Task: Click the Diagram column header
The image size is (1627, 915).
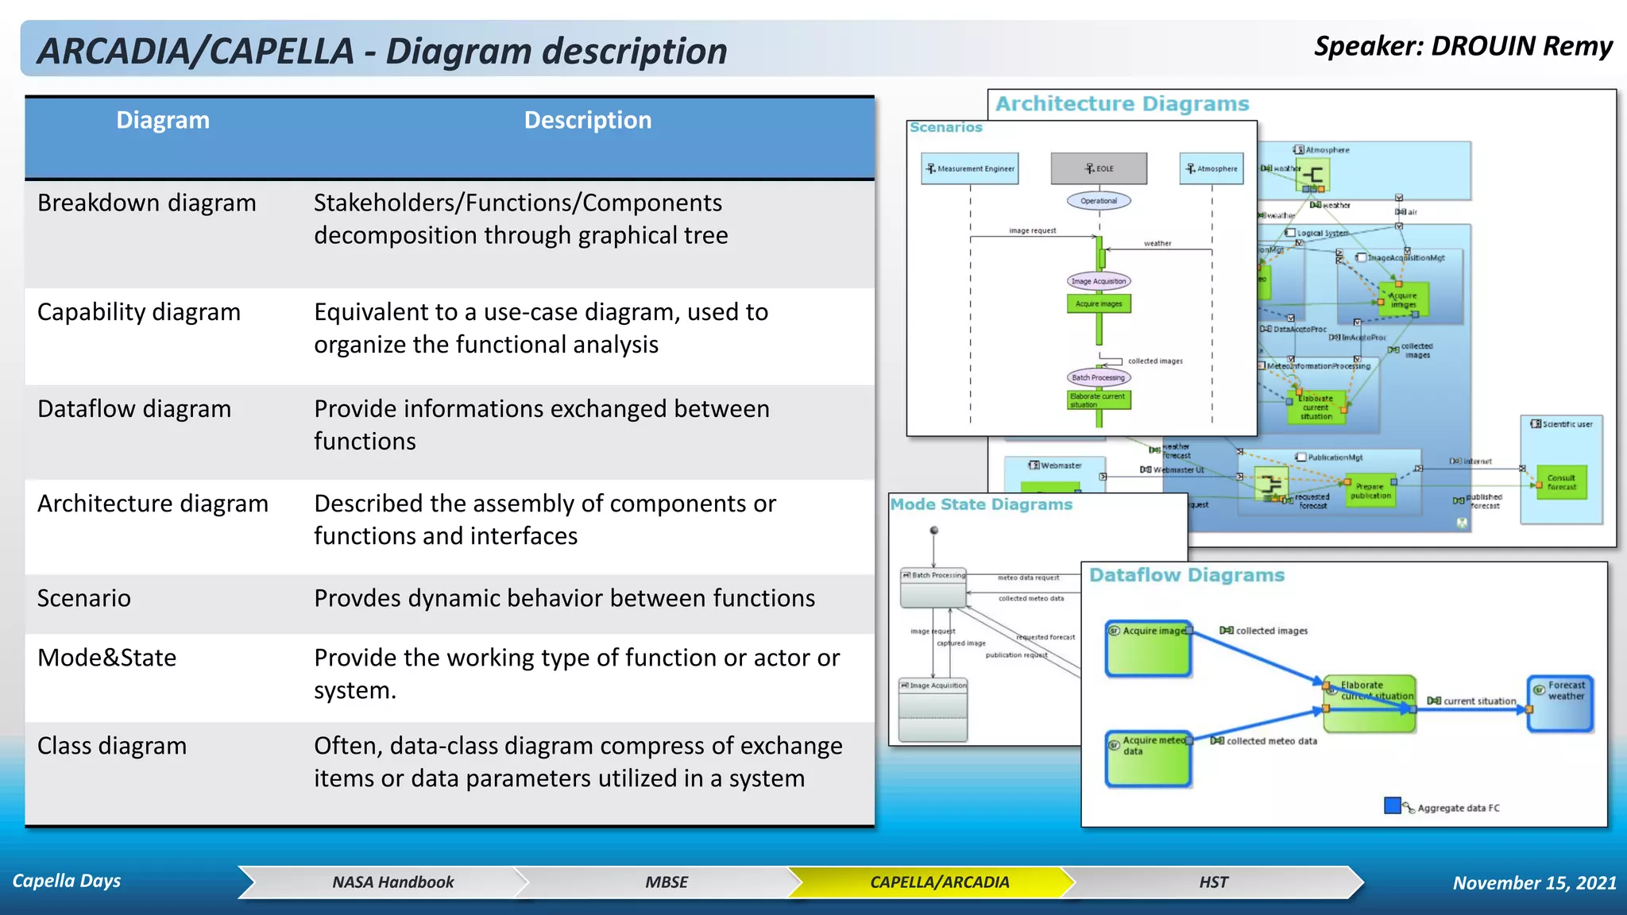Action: (x=163, y=121)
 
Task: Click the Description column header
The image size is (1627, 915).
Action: (x=587, y=121)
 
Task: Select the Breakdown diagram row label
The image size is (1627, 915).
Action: (x=147, y=203)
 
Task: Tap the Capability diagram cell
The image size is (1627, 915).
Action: (x=139, y=312)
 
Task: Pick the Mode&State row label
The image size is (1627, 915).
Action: (x=107, y=658)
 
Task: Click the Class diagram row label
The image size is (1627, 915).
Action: (x=112, y=746)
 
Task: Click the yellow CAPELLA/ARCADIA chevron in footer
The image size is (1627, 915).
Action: (x=939, y=882)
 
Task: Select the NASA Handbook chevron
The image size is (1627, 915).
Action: (x=392, y=882)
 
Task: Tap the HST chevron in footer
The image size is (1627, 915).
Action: (x=1213, y=882)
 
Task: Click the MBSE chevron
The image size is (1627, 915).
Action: (x=667, y=882)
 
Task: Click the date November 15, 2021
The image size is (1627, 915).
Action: (x=1534, y=882)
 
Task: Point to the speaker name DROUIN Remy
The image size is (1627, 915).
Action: (x=1521, y=46)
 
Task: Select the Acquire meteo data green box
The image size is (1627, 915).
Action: (x=1148, y=759)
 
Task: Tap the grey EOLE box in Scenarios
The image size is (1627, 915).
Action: (x=1099, y=168)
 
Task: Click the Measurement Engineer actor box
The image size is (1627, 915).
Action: (x=970, y=168)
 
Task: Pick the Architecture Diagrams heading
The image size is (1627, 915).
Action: (x=1122, y=104)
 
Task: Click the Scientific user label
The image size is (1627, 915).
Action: (x=1562, y=424)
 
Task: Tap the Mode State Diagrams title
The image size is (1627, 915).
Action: (x=981, y=504)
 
